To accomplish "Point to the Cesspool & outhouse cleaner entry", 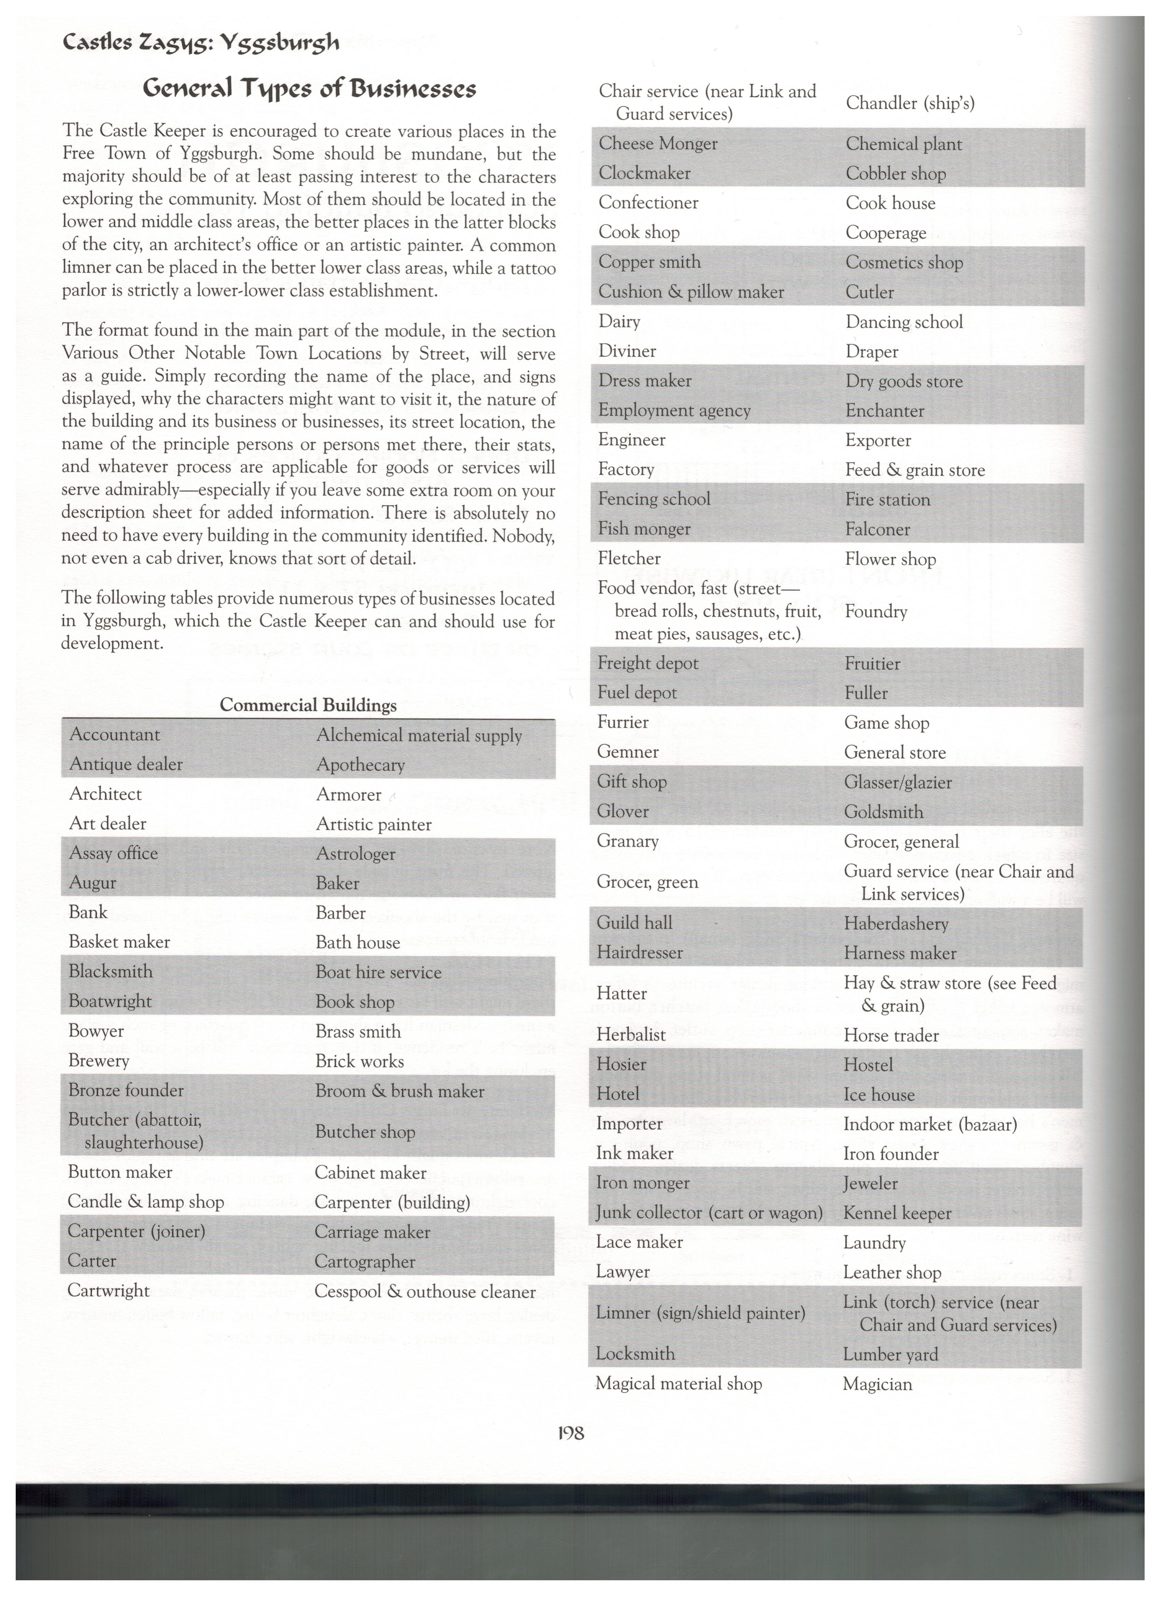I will (x=424, y=1291).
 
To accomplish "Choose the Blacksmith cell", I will (x=111, y=971).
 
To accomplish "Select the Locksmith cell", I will (x=635, y=1353).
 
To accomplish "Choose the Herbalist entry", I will (x=631, y=1034).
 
